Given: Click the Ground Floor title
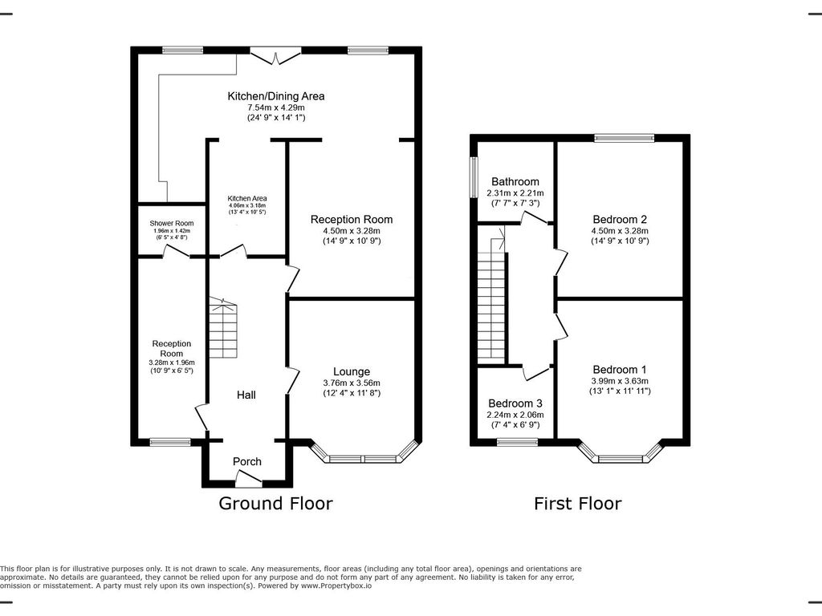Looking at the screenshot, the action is [276, 504].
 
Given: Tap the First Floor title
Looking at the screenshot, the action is [578, 504].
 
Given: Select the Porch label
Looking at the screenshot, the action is [247, 461].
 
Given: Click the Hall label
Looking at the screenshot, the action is [246, 395].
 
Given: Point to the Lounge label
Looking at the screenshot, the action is [352, 371].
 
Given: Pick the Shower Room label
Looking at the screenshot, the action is [172, 223].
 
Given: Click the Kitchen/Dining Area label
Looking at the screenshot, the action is [276, 96].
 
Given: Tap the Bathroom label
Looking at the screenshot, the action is [515, 182].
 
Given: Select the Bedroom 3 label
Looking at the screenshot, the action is [515, 403].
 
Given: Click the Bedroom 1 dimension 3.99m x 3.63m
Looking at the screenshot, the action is [621, 381].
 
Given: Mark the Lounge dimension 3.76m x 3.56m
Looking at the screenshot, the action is [352, 383].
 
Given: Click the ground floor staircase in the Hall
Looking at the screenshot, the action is [223, 328].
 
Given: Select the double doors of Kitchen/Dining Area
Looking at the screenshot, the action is [276, 55].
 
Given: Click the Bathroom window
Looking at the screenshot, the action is [474, 177].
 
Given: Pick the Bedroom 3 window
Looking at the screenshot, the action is [518, 443].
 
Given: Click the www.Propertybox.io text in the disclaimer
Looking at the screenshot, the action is [336, 586].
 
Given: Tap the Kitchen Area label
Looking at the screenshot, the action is [247, 199].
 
